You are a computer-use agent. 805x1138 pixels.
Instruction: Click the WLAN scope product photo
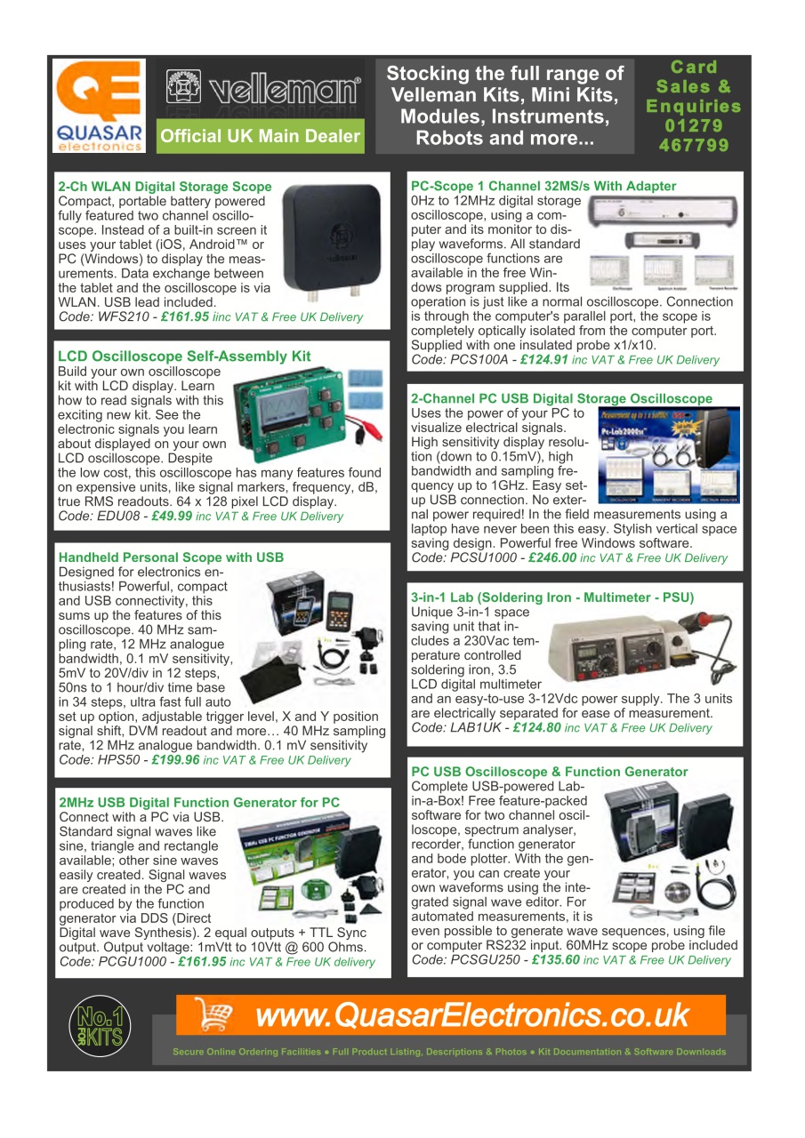coord(332,240)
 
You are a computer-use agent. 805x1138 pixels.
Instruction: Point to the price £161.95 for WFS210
coord(185,317)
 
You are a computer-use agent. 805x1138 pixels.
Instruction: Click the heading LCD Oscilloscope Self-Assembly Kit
coord(184,357)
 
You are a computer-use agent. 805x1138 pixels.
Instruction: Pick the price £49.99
coord(172,516)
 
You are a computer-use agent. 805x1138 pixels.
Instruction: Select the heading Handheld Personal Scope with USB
coord(171,557)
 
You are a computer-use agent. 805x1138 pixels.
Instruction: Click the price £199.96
coord(176,760)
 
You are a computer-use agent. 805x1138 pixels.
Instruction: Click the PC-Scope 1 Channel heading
coord(543,186)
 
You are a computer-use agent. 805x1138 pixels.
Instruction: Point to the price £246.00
coord(551,557)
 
